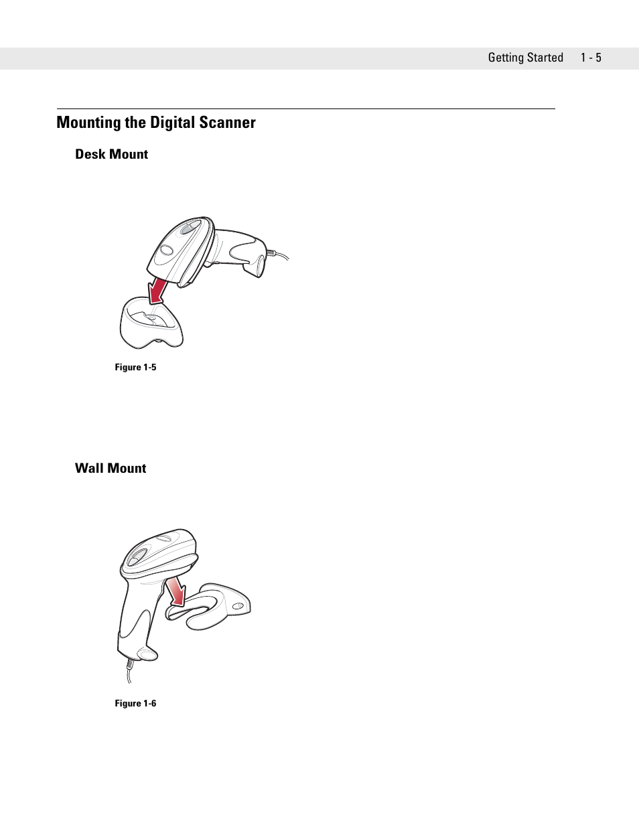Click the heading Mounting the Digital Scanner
pyautogui.click(x=156, y=123)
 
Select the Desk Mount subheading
pyautogui.click(x=111, y=154)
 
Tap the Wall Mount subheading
pyautogui.click(x=111, y=468)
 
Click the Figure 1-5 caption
pyautogui.click(x=135, y=367)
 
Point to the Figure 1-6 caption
pyautogui.click(x=135, y=703)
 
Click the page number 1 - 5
pyautogui.click(x=591, y=58)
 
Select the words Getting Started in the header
pyautogui.click(x=525, y=58)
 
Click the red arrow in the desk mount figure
pyautogui.click(x=158, y=290)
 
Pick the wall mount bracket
pyautogui.click(x=214, y=606)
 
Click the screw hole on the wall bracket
pyautogui.click(x=236, y=607)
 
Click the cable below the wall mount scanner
pyautogui.click(x=127, y=672)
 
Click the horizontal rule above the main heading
pyautogui.click(x=305, y=108)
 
